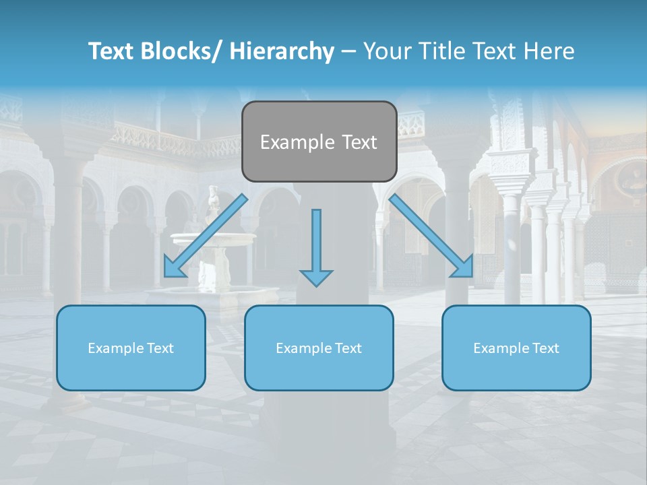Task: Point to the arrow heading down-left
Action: (206, 236)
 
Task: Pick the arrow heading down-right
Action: (431, 236)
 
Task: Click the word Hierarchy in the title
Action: (282, 51)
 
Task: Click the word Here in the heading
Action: (549, 51)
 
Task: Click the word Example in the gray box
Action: (297, 142)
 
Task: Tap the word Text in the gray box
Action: (359, 142)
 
